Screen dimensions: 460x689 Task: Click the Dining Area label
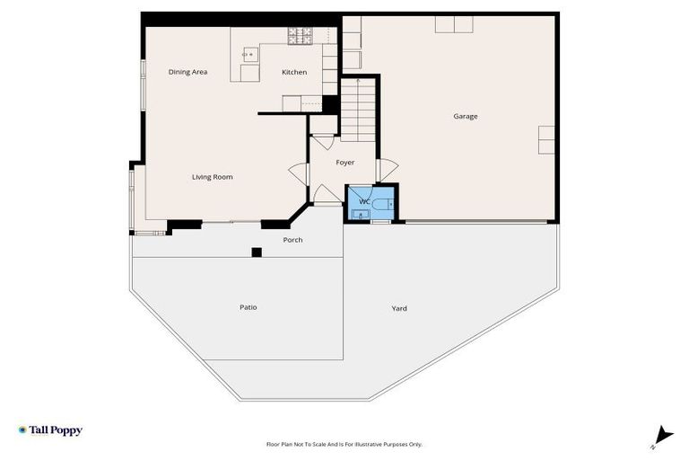click(188, 72)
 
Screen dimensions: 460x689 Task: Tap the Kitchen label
click(294, 72)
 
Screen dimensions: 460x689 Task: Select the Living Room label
click(212, 177)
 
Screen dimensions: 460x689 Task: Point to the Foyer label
click(344, 163)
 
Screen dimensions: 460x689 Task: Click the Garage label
click(465, 116)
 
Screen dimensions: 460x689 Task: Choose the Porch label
click(292, 240)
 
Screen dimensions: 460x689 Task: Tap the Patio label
click(249, 307)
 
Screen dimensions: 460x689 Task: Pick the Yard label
click(399, 308)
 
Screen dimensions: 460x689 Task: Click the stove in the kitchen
click(300, 35)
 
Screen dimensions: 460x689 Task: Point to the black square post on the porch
click(257, 252)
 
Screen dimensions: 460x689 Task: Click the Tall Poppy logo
click(50, 430)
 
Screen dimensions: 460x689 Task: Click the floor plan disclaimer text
click(344, 444)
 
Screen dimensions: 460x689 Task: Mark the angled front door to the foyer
click(324, 195)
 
